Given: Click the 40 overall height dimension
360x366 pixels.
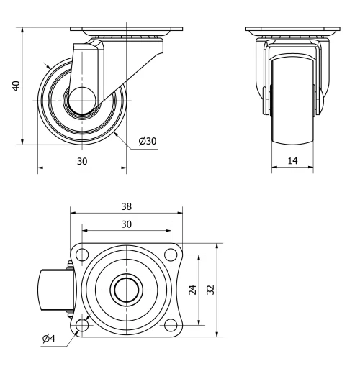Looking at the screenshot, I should pyautogui.click(x=16, y=86).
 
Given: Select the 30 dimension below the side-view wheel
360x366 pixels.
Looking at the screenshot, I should pyautogui.click(x=82, y=161).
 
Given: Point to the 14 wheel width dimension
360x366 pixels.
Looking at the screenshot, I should pyautogui.click(x=292, y=161).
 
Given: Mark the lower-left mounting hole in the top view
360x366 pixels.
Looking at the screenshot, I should pyautogui.click(x=82, y=325).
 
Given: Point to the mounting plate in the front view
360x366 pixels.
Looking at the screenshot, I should pyautogui.click(x=292, y=29).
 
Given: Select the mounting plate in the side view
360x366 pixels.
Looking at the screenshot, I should pyautogui.click(x=126, y=29).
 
